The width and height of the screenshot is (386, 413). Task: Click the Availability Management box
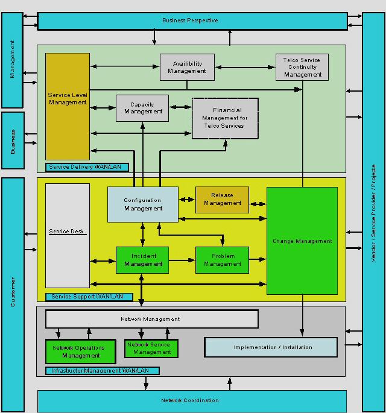click(x=187, y=67)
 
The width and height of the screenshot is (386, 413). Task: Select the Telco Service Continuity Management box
click(x=302, y=67)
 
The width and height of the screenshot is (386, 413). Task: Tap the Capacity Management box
click(x=142, y=109)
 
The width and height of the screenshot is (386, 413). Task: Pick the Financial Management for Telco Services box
click(x=225, y=118)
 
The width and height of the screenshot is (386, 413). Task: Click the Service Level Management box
click(x=68, y=106)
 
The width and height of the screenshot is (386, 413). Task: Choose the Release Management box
click(x=222, y=200)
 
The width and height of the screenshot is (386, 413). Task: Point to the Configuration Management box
click(x=143, y=204)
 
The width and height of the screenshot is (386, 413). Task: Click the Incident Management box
click(x=142, y=260)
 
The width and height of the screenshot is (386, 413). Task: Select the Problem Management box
click(x=222, y=260)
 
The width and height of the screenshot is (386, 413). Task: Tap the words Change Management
click(x=302, y=241)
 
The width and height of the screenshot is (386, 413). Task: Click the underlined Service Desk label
click(x=66, y=232)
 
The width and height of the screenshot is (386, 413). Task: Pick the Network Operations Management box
click(x=81, y=352)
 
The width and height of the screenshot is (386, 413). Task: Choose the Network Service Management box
click(x=151, y=348)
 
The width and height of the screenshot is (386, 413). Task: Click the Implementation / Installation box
click(x=271, y=347)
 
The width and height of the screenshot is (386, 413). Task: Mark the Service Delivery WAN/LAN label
click(x=87, y=167)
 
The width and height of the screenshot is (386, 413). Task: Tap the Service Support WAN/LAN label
click(x=89, y=297)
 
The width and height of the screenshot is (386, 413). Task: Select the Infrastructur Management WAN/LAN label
click(x=103, y=371)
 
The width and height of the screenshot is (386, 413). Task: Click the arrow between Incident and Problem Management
click(x=182, y=260)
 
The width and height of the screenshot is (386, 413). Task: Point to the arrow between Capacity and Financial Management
click(x=180, y=107)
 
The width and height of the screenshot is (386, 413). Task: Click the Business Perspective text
click(x=190, y=20)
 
